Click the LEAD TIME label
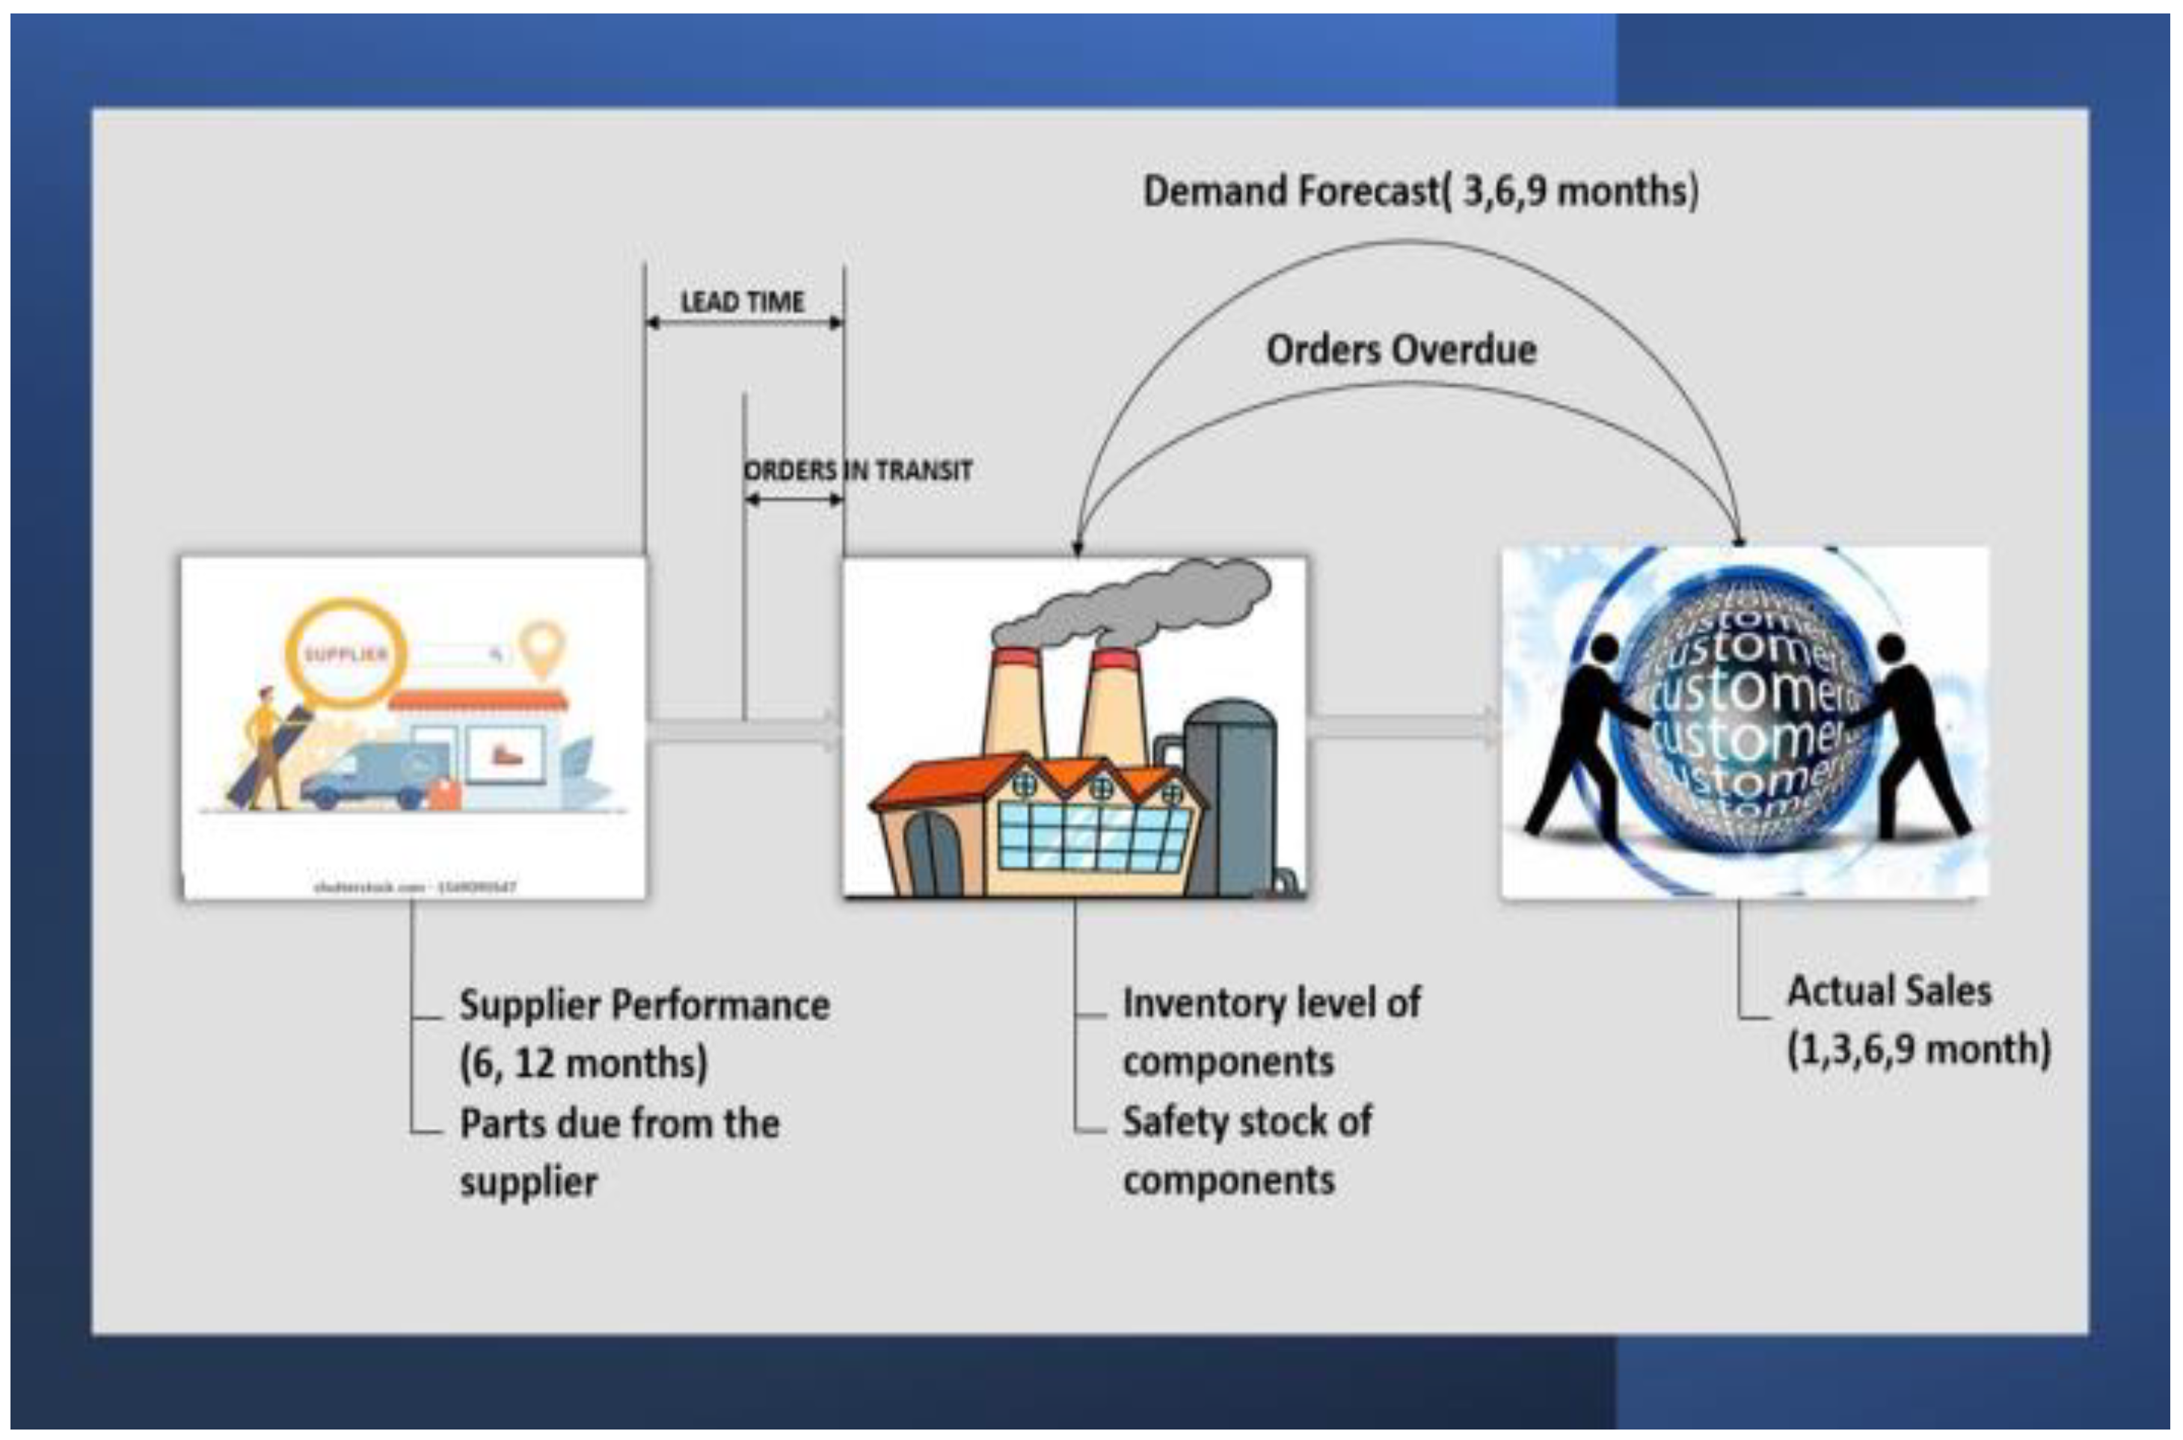[x=742, y=301]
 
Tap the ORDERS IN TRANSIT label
[x=857, y=471]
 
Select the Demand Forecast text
[x=1420, y=191]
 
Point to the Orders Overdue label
[x=1401, y=350]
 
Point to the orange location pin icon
[x=542, y=646]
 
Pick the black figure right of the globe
[x=1912, y=735]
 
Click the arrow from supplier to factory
[x=744, y=731]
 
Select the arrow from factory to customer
[x=1403, y=727]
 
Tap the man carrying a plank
[x=265, y=748]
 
